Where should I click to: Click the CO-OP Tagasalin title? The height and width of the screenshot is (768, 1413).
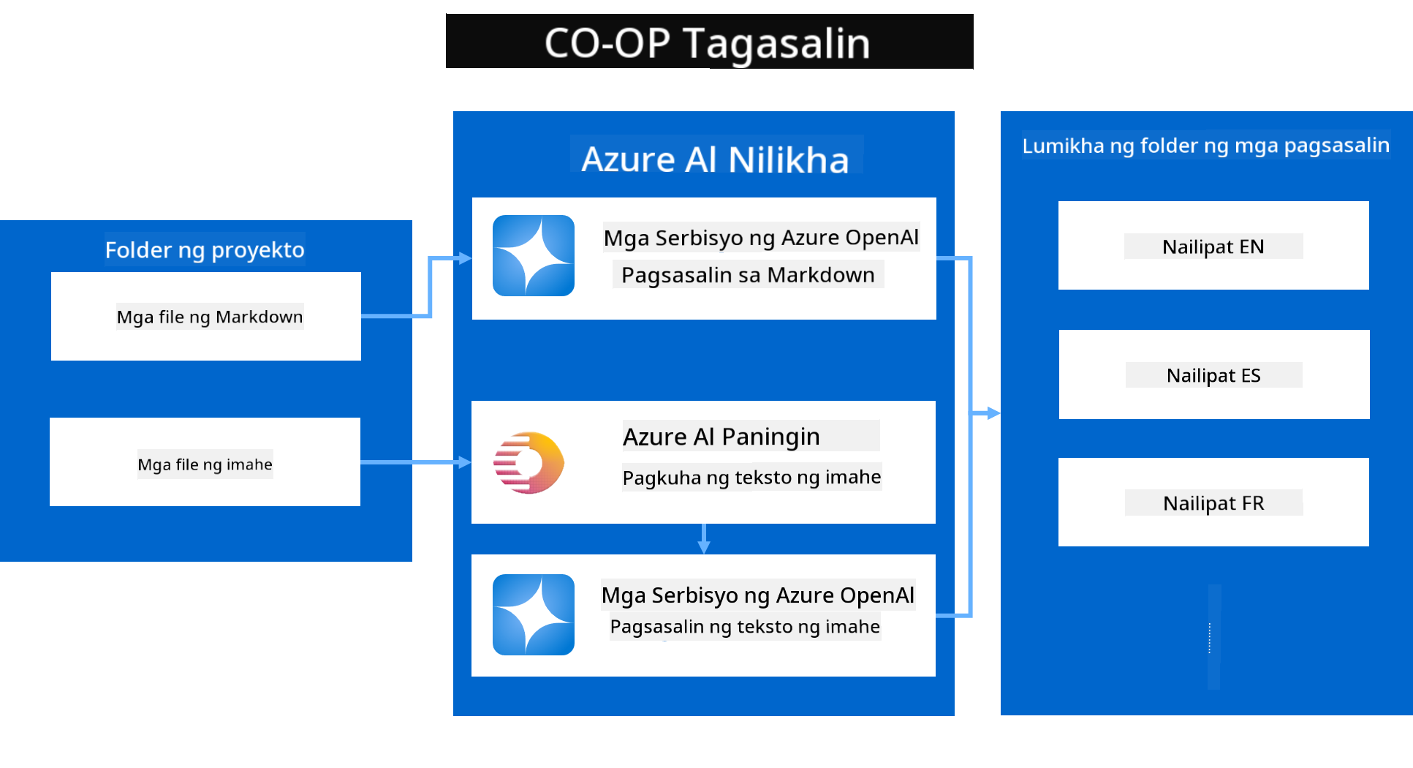click(708, 43)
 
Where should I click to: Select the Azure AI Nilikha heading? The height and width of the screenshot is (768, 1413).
click(715, 159)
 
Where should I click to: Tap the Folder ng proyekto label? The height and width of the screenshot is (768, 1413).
click(205, 250)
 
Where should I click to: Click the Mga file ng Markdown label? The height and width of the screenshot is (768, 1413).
click(210, 317)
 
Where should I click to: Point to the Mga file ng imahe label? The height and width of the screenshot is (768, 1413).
click(205, 464)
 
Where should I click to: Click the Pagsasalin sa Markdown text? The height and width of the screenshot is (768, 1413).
click(748, 275)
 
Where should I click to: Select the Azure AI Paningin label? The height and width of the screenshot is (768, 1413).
click(721, 437)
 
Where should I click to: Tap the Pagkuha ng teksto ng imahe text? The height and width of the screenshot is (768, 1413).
click(751, 478)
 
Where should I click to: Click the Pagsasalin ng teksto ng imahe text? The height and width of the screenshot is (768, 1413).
click(745, 627)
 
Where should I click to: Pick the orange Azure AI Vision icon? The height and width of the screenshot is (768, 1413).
click(529, 462)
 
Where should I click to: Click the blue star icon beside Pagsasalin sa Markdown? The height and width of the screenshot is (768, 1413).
click(534, 255)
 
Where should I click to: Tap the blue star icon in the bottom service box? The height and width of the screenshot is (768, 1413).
click(534, 614)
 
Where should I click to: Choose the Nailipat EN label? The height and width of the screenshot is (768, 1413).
click(1213, 246)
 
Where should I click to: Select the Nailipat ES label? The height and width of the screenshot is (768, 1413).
click(1213, 375)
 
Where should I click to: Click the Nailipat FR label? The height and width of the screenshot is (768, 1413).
click(1213, 503)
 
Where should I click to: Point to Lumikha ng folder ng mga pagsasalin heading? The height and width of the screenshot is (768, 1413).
click(1206, 146)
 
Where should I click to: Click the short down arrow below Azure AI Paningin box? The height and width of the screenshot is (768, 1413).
click(703, 538)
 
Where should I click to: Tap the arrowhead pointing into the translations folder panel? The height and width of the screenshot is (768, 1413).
click(993, 413)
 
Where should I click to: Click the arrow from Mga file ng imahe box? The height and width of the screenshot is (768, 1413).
click(416, 462)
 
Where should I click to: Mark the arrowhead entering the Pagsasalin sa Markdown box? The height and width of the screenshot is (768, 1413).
click(464, 258)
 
